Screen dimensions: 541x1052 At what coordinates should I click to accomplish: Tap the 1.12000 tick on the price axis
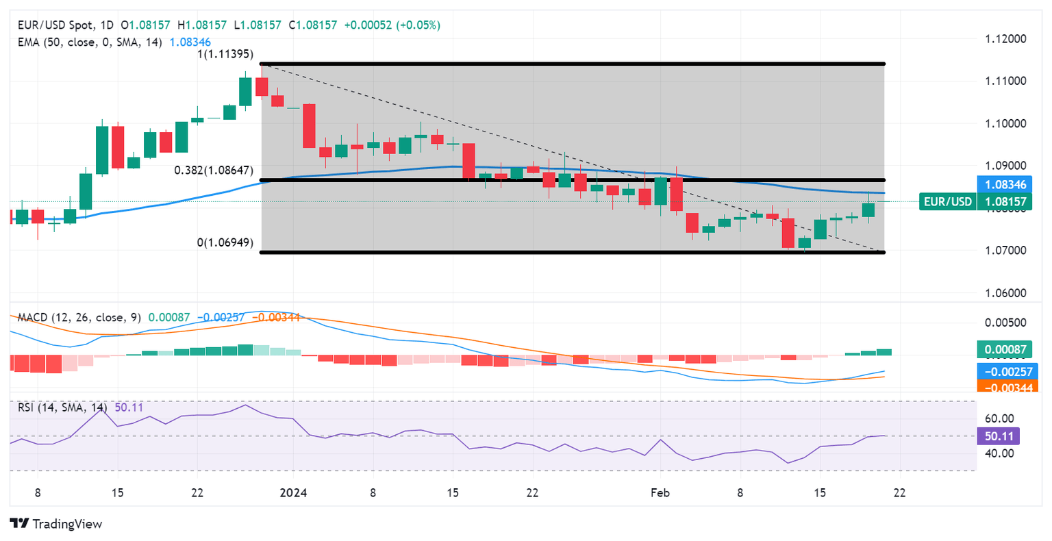pos(1005,38)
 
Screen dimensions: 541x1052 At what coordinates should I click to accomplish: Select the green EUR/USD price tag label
pos(947,201)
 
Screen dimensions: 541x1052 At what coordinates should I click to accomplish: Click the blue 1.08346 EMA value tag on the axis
pos(1005,184)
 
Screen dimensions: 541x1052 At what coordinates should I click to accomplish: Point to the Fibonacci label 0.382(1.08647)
pos(213,170)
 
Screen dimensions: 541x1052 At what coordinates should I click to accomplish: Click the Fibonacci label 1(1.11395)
pos(225,54)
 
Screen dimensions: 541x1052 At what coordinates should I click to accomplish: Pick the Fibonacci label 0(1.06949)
pos(225,242)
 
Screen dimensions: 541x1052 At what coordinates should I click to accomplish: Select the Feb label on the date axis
pos(660,492)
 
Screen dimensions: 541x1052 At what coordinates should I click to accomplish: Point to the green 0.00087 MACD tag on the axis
pos(1005,349)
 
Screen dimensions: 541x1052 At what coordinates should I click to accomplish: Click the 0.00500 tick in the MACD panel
pos(1005,323)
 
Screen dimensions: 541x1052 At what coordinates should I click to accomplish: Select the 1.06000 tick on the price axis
pos(1005,293)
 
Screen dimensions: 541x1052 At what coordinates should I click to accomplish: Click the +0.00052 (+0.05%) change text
pos(392,25)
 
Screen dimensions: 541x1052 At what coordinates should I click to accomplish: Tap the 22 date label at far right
pos(899,492)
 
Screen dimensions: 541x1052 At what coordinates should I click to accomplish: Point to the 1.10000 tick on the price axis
pos(1005,123)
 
